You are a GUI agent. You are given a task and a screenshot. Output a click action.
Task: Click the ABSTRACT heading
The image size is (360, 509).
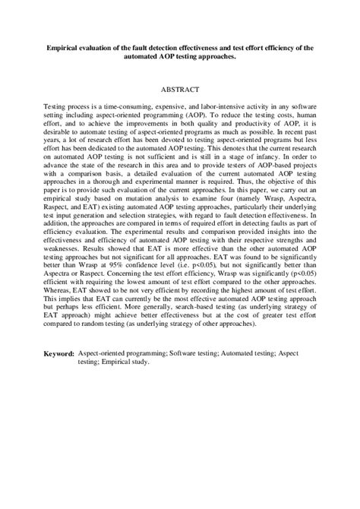(179, 89)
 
